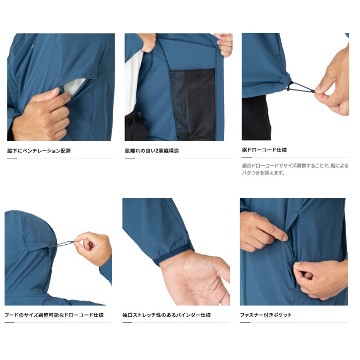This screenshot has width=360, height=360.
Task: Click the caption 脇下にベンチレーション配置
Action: [x=39, y=151]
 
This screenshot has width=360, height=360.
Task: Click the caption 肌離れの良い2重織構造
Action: [x=152, y=151]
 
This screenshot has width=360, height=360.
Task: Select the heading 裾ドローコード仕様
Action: [x=264, y=150]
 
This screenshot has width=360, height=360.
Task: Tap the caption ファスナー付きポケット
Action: [x=266, y=315]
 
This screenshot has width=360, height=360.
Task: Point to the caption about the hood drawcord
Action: [x=54, y=315]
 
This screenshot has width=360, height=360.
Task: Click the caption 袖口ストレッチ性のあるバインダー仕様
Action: [x=167, y=315]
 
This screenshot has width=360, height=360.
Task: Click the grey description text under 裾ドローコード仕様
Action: [x=295, y=169]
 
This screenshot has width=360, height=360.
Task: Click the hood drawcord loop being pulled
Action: [x=60, y=244]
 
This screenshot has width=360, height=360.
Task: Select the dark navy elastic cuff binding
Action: [x=173, y=255]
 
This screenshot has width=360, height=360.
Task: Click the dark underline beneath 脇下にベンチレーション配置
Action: [x=12, y=158]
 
